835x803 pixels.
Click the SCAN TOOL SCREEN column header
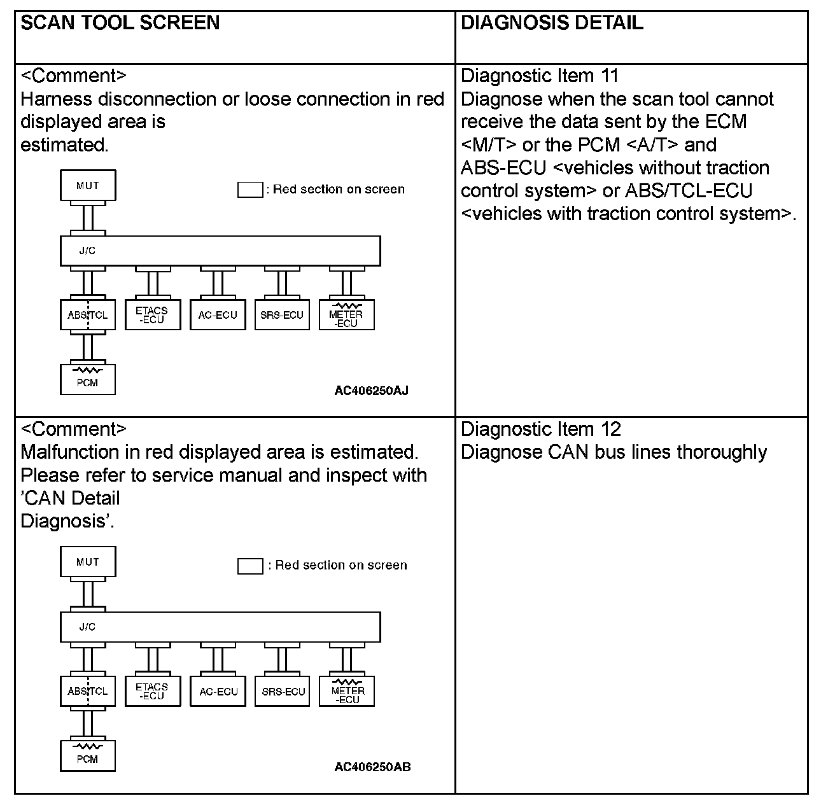120,24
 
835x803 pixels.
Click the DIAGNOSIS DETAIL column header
551,24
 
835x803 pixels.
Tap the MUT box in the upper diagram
88,185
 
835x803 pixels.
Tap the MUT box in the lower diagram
88,561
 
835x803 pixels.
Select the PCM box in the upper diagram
88,380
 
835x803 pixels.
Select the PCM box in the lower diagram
88,756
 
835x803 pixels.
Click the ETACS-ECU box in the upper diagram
151,315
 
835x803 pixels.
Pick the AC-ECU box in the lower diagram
218,691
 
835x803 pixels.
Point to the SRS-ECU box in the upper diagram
282,315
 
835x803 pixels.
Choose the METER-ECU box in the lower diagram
347,692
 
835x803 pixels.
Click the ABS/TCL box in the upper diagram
88,315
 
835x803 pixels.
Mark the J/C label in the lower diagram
88,627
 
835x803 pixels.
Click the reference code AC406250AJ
371,391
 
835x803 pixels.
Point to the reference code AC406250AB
372,767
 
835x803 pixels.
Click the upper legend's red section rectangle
250,190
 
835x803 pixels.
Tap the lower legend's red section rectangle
250,566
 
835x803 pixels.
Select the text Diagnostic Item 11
539,76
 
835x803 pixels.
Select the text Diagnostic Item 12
540,429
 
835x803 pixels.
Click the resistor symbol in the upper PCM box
88,370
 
